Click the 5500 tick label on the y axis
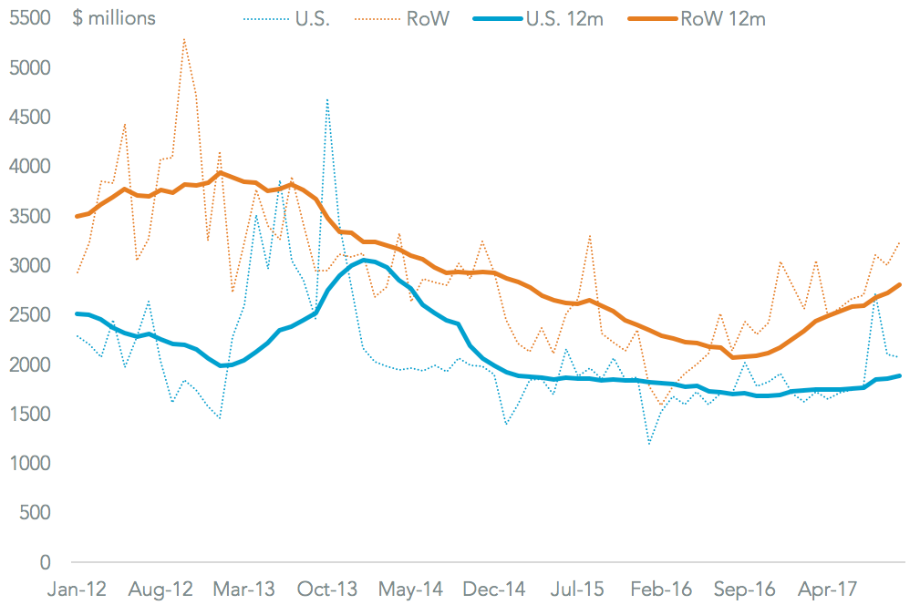click(x=31, y=17)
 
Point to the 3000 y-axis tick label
click(x=31, y=265)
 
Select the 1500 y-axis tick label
click(x=31, y=414)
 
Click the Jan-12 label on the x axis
click(x=76, y=590)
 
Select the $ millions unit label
click(x=114, y=17)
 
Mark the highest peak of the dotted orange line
click(x=184, y=39)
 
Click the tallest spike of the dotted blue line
click(x=327, y=98)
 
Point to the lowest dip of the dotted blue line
click(x=649, y=444)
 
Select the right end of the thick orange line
click(x=901, y=284)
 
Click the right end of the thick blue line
click(x=901, y=375)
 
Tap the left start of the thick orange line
click(x=78, y=216)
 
